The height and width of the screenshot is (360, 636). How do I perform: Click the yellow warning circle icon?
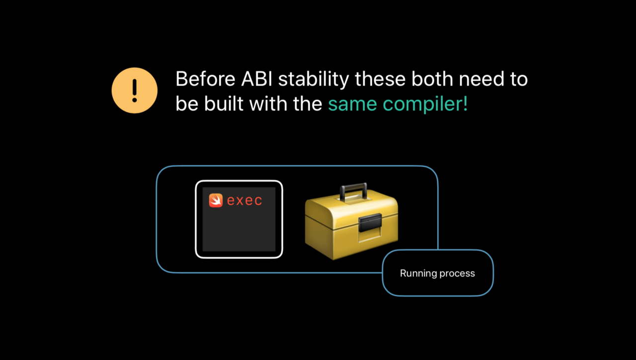[135, 90]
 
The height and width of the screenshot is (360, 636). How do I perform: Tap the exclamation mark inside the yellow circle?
[135, 90]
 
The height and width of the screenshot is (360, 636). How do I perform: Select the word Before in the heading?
[206, 79]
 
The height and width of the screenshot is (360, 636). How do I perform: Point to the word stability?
[314, 80]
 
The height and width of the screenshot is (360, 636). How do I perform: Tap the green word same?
[353, 104]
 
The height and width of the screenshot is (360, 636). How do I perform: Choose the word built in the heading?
[223, 103]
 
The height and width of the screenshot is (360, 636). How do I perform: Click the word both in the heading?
[432, 79]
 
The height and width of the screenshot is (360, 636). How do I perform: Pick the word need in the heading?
[481, 79]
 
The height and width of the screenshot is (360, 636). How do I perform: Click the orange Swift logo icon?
[216, 200]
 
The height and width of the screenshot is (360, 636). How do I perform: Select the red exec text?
[244, 200]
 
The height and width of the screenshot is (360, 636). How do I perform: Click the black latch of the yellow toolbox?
[370, 222]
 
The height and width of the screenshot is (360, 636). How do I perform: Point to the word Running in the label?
[418, 273]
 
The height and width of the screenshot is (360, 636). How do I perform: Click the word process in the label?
[457, 274]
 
